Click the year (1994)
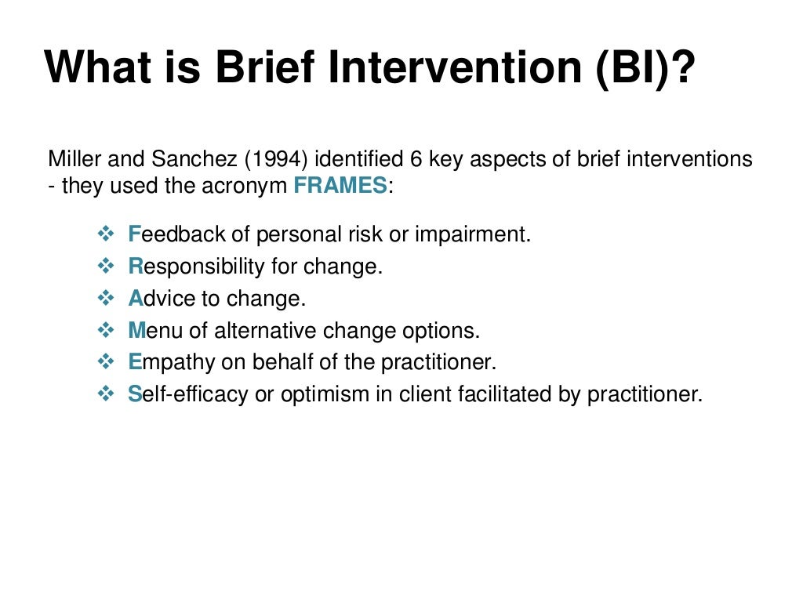[x=278, y=159]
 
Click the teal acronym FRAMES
[x=340, y=187]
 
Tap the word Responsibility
[x=197, y=267]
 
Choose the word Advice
[x=154, y=299]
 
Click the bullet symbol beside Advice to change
[x=106, y=299]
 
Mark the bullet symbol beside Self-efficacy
[x=106, y=394]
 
